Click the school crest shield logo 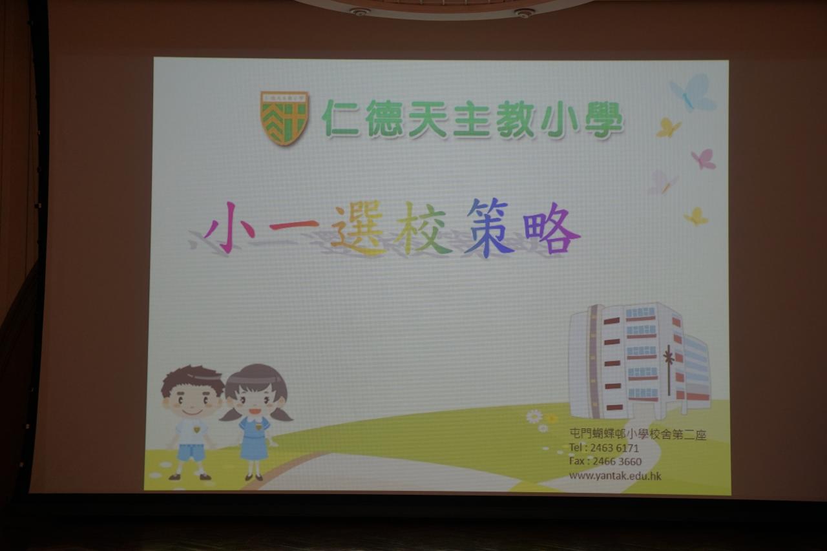point(284,118)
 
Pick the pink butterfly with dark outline point(704,159)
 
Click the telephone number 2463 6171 point(614,448)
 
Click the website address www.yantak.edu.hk point(615,475)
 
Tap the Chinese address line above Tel point(638,434)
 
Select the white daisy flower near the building point(534,417)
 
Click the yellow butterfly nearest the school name point(668,128)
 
